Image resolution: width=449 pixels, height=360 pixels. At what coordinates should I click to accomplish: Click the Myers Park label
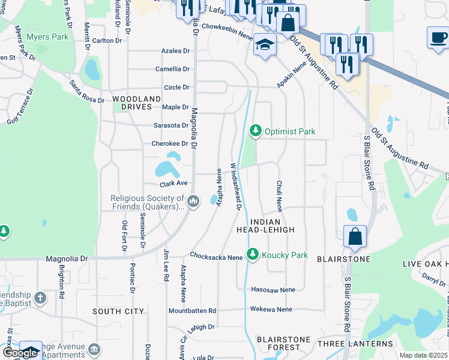[x=47, y=37]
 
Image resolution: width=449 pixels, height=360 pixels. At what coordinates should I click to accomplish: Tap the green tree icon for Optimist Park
[x=256, y=131]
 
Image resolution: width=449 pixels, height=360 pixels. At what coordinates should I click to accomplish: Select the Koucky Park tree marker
[x=253, y=255]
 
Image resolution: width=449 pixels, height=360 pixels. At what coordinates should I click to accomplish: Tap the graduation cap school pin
[x=264, y=45]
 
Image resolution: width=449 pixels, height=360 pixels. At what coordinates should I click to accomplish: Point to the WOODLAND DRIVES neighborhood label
[x=136, y=103]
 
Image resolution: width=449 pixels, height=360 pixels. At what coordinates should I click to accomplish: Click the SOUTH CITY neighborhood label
[x=118, y=311]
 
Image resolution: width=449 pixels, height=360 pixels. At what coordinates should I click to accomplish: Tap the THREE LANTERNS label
[x=348, y=343]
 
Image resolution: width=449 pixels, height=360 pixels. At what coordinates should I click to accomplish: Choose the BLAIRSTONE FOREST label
[x=283, y=343]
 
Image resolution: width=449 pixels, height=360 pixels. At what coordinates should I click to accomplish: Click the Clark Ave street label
[x=174, y=184]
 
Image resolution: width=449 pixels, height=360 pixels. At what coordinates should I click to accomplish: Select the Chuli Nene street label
[x=279, y=196]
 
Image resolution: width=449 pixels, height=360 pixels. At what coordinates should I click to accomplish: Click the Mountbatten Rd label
[x=192, y=311]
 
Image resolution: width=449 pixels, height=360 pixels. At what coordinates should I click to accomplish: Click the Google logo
[x=20, y=353]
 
